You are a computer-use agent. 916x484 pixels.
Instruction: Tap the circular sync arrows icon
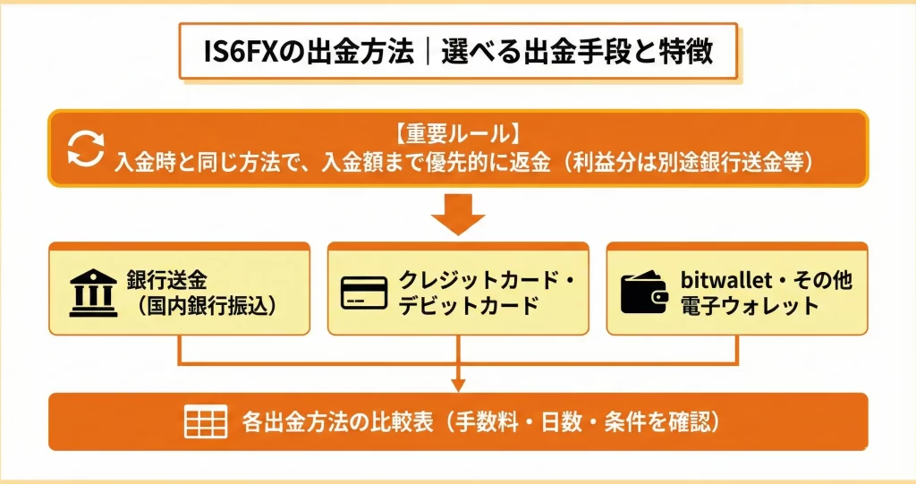click(86, 149)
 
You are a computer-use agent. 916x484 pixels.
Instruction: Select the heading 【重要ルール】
click(456, 134)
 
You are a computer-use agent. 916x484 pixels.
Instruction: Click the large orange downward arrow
click(457, 215)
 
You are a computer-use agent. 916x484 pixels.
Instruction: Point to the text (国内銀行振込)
click(204, 305)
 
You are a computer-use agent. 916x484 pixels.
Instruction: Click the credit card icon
click(366, 293)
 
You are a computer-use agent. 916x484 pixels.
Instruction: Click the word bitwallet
click(733, 279)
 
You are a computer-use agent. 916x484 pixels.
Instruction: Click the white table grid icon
click(205, 421)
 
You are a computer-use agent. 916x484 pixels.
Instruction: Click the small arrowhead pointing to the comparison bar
click(457, 386)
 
